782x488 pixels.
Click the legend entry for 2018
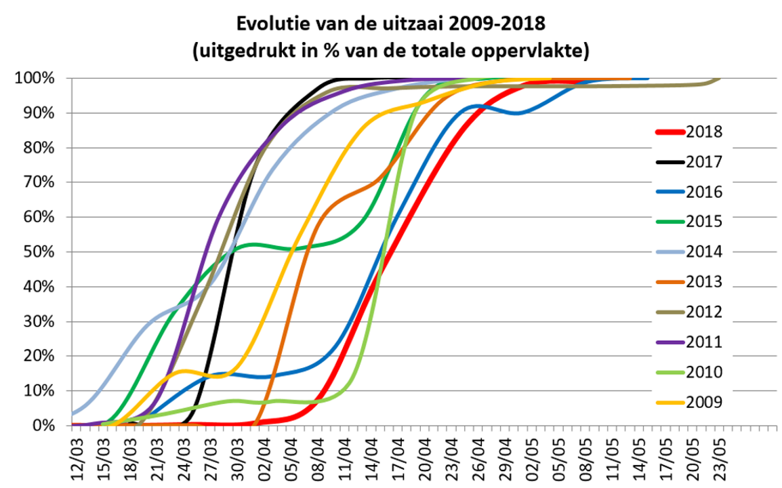705,131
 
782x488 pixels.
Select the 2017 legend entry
705,162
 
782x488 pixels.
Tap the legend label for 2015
705,222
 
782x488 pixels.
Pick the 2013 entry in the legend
705,282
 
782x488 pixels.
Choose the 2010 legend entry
705,372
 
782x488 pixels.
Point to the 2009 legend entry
705,403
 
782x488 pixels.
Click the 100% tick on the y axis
35,79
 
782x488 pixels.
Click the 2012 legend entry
705,312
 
